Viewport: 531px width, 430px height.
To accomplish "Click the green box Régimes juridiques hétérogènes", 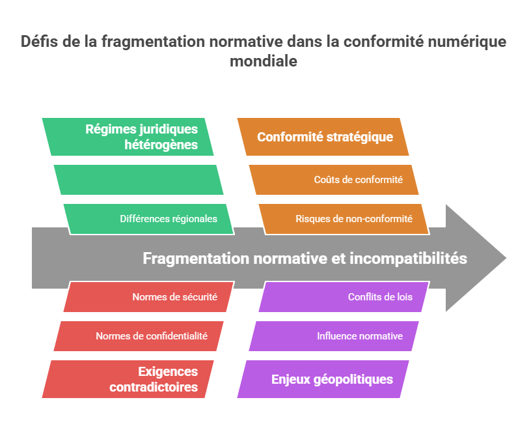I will tap(128, 137).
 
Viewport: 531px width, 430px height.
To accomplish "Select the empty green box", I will tap(138, 180).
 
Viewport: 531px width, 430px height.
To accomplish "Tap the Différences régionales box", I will tap(148, 219).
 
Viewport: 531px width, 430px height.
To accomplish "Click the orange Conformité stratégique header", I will tap(323, 137).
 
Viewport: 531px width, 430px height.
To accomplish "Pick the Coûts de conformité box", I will tap(334, 180).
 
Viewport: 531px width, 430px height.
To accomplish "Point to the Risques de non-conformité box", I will tap(344, 219).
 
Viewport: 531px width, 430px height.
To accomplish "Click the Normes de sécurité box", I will tap(148, 297).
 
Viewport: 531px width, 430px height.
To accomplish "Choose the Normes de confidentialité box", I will tap(138, 336).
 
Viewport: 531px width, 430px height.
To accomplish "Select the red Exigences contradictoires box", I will tap(128, 379).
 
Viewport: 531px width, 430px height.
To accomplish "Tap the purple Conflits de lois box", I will tap(344, 297).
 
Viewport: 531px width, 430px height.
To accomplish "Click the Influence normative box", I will tap(334, 336).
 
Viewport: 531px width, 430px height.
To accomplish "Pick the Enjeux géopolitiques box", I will tap(323, 379).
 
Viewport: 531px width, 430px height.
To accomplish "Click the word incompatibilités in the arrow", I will tap(408, 259).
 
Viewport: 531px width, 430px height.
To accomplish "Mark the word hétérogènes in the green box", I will tap(161, 145).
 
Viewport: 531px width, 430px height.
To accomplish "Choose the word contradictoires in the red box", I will tap(154, 387).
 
